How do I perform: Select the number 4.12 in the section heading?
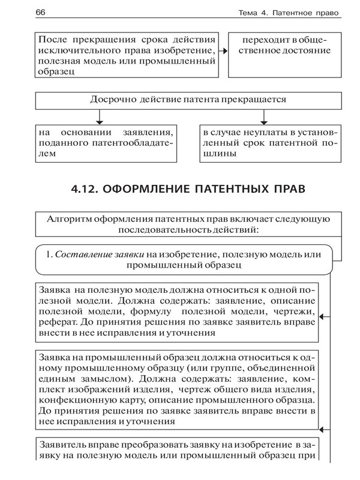click(x=82, y=189)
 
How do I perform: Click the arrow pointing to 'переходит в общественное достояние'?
click(x=223, y=52)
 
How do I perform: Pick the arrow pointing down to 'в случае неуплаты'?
click(x=262, y=121)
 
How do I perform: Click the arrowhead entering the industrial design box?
click(x=326, y=428)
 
